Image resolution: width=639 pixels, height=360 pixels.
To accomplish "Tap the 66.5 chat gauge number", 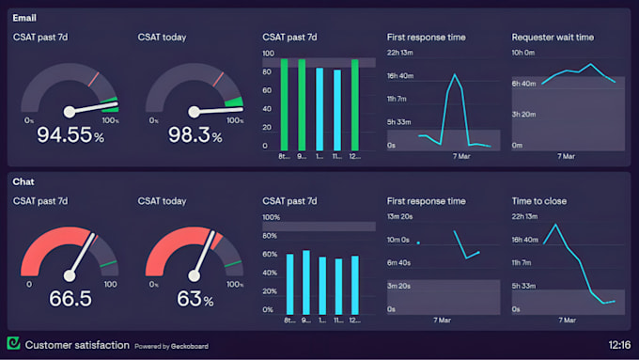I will point(70,298).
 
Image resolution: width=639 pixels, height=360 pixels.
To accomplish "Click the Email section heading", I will point(24,18).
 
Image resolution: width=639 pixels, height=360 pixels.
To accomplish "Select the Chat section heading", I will point(23,181).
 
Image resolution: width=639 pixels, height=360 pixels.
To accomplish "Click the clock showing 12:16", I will point(619,345).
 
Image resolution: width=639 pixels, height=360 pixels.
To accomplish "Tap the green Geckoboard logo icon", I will point(13,344).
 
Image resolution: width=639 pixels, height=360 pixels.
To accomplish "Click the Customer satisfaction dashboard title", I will point(77,345).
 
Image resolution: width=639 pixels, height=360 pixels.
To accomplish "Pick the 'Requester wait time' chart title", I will point(553,38).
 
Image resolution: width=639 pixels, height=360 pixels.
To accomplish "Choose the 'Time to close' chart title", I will point(538,201).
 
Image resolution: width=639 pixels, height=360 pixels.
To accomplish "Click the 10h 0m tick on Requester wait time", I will point(522,53).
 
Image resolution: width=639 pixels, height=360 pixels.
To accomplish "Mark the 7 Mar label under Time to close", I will point(566,321).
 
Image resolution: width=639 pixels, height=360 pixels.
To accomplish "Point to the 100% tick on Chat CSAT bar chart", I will point(271,217).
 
